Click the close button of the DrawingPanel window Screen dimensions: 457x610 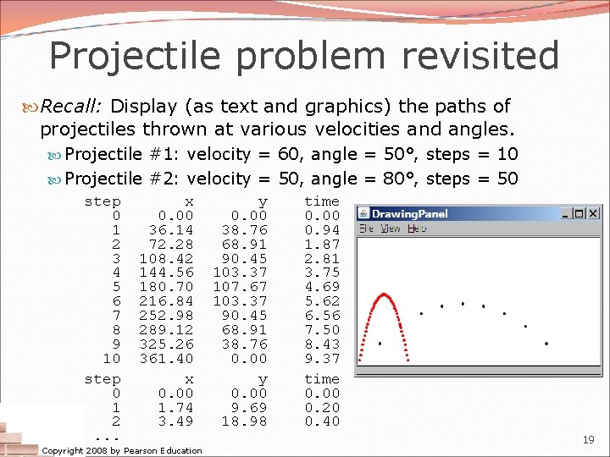[x=592, y=214]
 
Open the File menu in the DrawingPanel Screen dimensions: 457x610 [x=366, y=228]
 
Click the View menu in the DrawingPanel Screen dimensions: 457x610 [x=391, y=228]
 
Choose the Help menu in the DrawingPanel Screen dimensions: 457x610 [x=417, y=228]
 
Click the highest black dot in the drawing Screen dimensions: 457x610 [x=463, y=303]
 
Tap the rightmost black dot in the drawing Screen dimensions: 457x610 [x=546, y=344]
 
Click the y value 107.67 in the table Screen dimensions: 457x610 [x=251, y=287]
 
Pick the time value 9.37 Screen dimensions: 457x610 [x=322, y=358]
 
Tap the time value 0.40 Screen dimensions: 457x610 [x=322, y=421]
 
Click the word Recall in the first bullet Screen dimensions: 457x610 [x=71, y=107]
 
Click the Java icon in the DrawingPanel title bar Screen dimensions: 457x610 [x=363, y=214]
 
